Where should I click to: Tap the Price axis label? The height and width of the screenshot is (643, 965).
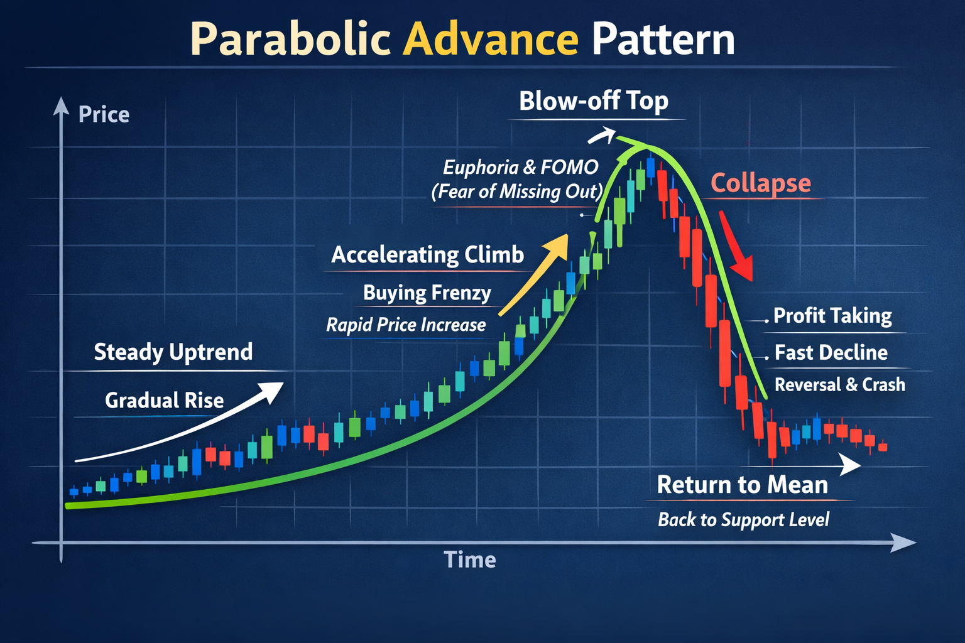[104, 115]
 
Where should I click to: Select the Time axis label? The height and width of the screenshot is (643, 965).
[469, 559]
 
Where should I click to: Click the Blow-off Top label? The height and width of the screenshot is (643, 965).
[593, 101]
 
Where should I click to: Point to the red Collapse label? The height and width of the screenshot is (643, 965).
[760, 183]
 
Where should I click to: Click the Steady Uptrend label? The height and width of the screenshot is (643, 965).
[173, 352]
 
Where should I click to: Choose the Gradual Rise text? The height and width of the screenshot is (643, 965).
[164, 401]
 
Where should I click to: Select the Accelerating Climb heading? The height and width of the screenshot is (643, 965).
[427, 255]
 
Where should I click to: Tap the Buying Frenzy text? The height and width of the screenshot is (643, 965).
[427, 293]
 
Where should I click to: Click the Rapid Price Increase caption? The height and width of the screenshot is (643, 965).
[406, 325]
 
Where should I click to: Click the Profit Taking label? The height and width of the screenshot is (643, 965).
[832, 316]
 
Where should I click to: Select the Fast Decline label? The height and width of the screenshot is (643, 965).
[831, 353]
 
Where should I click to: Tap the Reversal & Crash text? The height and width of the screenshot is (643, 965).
[839, 385]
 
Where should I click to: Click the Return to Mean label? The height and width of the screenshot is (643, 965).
[742, 485]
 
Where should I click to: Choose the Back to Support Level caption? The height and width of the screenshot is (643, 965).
[743, 520]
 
